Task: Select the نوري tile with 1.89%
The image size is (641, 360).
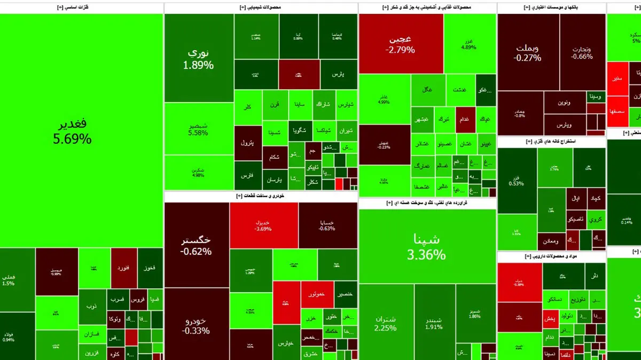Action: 199,59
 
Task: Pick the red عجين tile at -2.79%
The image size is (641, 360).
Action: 400,44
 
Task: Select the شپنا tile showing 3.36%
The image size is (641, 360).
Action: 426,246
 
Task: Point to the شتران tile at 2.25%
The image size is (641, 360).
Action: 386,320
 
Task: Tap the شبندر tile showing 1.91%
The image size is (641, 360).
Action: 434,320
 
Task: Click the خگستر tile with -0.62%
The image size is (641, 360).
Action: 197,245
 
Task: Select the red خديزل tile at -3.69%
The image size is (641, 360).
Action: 263,225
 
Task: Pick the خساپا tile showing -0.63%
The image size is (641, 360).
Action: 327,225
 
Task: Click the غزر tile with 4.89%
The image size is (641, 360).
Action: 468,44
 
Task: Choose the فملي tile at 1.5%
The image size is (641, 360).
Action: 8,280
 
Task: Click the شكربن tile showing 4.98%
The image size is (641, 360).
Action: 199,173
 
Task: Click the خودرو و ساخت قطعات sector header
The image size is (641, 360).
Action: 261,196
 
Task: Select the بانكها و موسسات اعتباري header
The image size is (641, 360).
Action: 551,7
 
